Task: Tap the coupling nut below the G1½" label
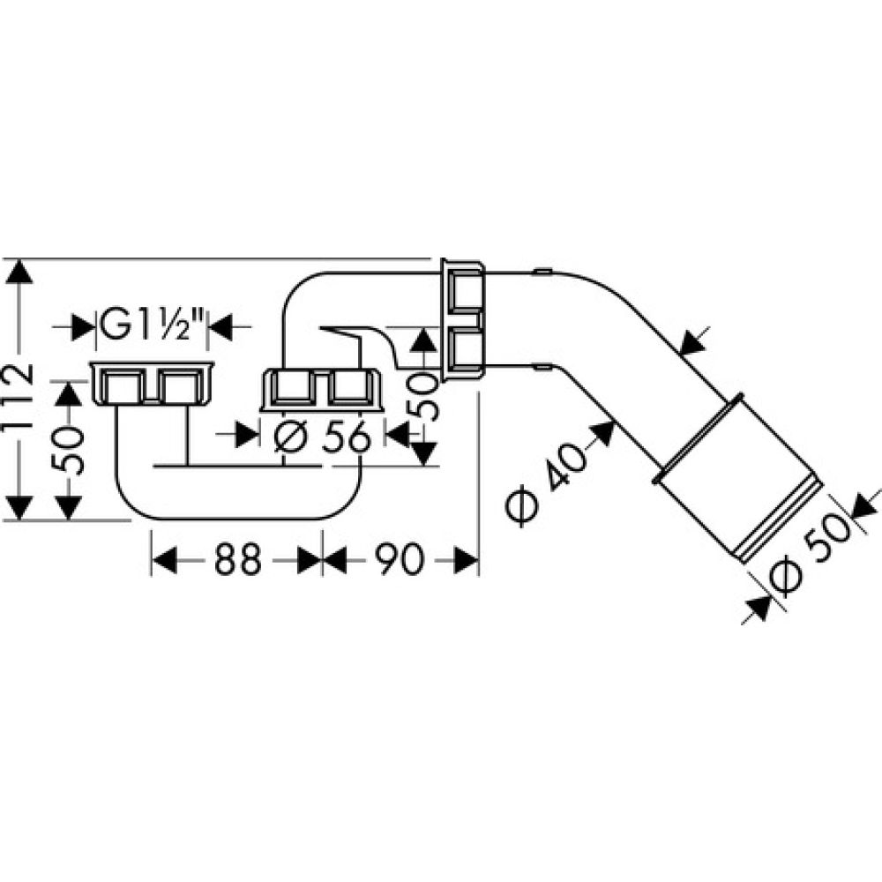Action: coord(152,384)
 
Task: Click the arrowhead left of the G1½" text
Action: coord(84,328)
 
